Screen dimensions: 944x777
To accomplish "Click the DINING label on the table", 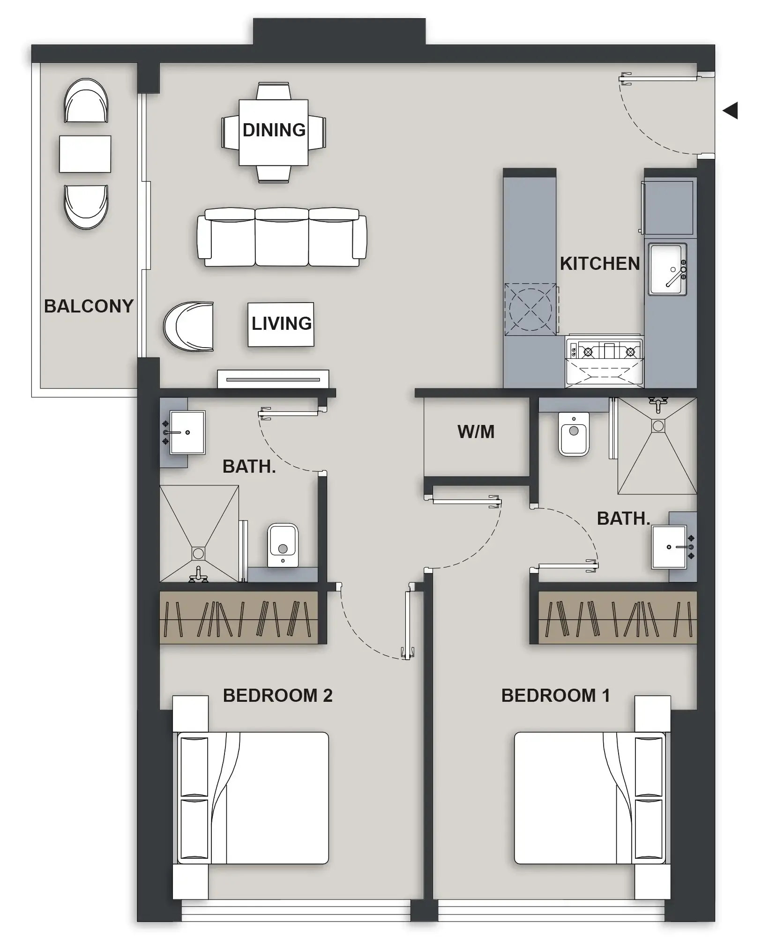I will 274,130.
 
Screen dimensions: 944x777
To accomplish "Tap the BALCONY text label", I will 89,306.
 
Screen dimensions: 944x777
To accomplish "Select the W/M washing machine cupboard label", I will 476,431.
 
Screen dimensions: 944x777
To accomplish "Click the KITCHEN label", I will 599,264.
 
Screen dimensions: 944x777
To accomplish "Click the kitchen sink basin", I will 666,269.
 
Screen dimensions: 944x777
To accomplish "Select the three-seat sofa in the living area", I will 282,237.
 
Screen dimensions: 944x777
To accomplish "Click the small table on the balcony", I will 85,154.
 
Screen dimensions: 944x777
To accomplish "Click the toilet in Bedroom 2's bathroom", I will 283,545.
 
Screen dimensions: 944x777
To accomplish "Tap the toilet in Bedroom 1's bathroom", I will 574,433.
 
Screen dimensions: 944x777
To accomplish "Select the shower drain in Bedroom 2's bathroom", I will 198,553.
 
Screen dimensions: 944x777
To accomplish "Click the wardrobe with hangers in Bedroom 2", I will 239,617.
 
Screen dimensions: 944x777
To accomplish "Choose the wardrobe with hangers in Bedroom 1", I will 617,617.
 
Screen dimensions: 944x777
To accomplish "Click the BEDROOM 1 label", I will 555,695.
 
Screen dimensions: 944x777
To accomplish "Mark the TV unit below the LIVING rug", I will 273,379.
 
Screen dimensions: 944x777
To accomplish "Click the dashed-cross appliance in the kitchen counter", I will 530,309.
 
